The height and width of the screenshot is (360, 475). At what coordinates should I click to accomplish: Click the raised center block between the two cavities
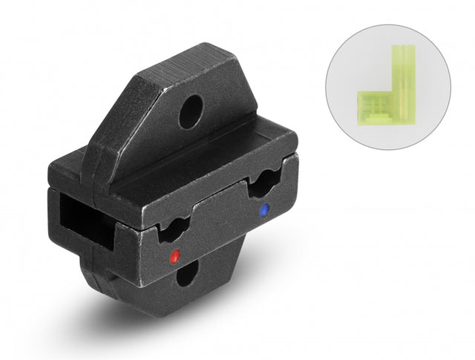(219, 215)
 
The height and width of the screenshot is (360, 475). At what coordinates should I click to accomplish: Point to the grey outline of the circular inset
(450, 82)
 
